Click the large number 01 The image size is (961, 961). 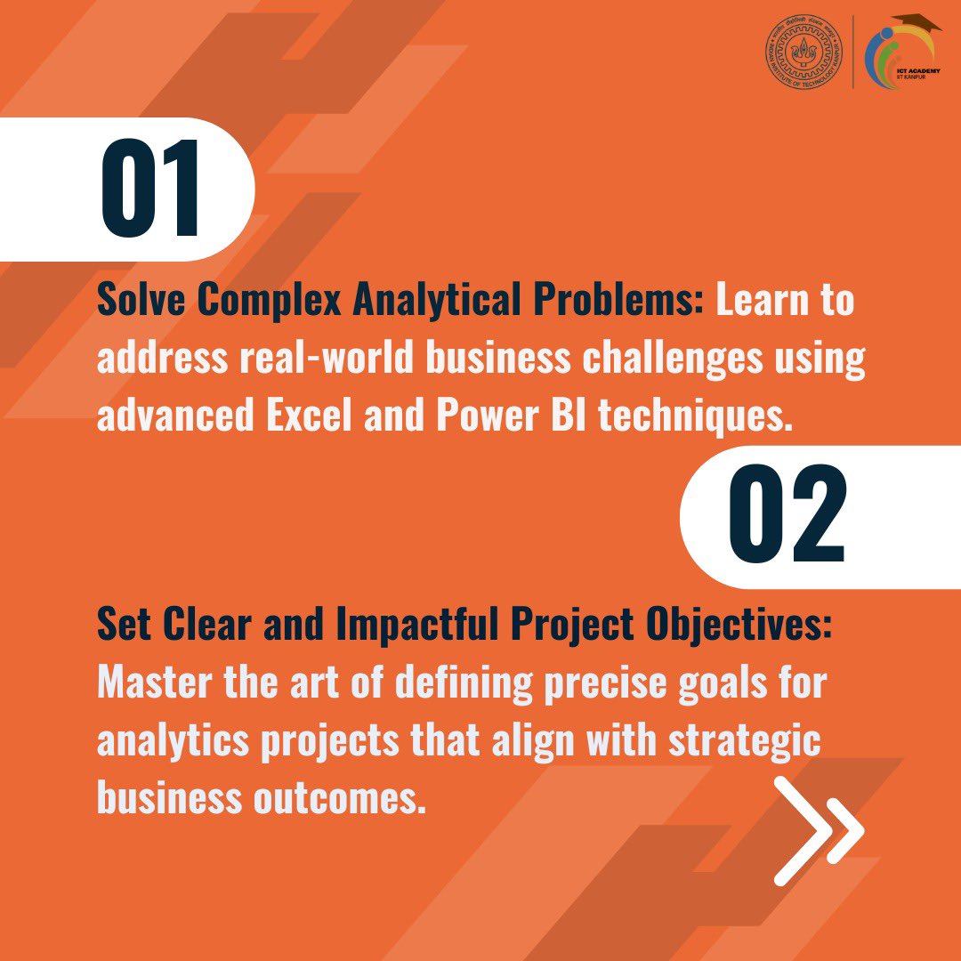(x=150, y=189)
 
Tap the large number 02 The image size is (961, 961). (x=787, y=517)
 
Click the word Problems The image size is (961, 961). (x=637, y=301)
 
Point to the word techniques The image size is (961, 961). (x=694, y=416)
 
